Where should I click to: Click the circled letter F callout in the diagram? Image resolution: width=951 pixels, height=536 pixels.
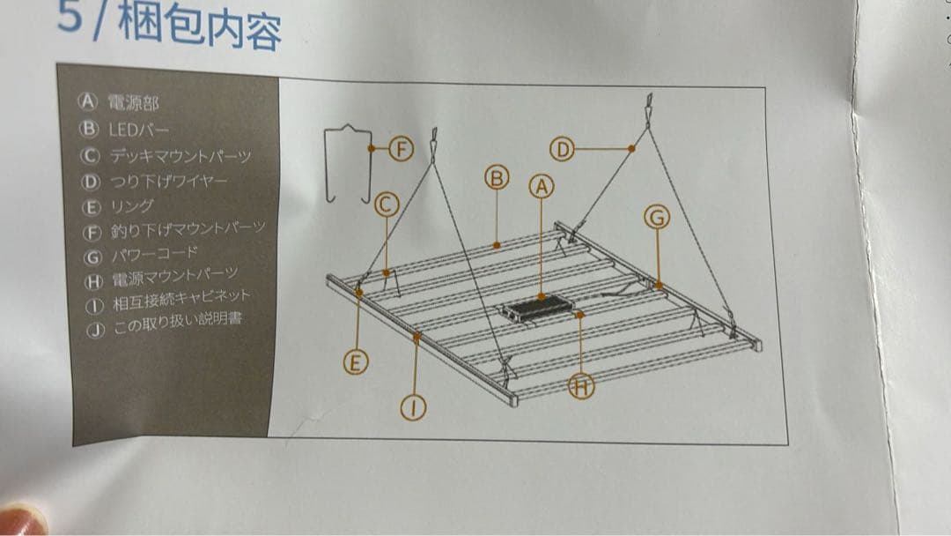pyautogui.click(x=401, y=149)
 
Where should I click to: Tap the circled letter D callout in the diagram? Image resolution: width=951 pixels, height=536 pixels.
pyautogui.click(x=562, y=149)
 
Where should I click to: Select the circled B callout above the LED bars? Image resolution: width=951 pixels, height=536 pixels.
pyautogui.click(x=497, y=178)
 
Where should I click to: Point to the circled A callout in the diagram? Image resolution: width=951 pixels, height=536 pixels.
pyautogui.click(x=542, y=187)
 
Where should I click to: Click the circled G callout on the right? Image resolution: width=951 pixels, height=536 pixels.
pyautogui.click(x=657, y=218)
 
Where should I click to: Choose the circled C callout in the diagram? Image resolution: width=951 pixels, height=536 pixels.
pyautogui.click(x=387, y=205)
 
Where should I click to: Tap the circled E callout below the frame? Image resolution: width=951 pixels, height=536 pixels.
pyautogui.click(x=356, y=362)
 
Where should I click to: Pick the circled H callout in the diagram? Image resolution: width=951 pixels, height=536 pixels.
pyautogui.click(x=581, y=386)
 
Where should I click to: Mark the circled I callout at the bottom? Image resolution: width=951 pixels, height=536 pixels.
pyautogui.click(x=413, y=407)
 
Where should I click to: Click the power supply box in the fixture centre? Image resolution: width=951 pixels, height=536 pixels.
pyautogui.click(x=536, y=309)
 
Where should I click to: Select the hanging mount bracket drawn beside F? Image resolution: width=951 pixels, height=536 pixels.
pyautogui.click(x=348, y=164)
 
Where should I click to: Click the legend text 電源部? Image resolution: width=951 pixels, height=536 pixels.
pyautogui.click(x=134, y=102)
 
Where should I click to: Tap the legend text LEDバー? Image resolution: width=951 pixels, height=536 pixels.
pyautogui.click(x=139, y=130)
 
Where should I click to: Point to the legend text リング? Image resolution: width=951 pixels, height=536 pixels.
pyautogui.click(x=132, y=206)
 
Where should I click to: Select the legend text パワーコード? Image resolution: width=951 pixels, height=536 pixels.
pyautogui.click(x=155, y=255)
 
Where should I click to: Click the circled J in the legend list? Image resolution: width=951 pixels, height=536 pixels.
pyautogui.click(x=95, y=331)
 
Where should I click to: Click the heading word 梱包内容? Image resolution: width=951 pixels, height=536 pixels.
pyautogui.click(x=200, y=27)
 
